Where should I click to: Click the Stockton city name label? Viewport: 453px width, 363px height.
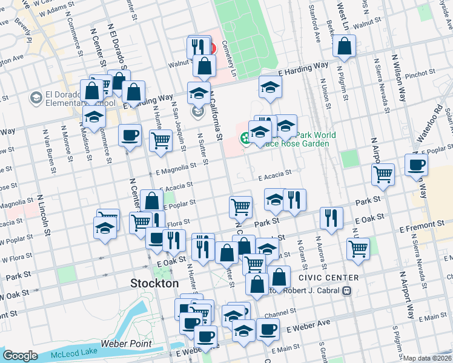(x=155, y=283)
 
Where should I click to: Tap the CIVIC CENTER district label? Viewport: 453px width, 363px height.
(x=328, y=278)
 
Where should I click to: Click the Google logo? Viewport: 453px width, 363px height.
(x=20, y=356)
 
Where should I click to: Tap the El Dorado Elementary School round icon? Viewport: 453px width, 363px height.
(x=36, y=97)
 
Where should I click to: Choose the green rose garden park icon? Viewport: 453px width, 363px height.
(x=246, y=139)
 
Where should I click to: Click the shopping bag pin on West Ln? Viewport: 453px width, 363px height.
(x=344, y=47)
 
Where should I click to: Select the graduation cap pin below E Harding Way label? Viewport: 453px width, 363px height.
(x=270, y=87)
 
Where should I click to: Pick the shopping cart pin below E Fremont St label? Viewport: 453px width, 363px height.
(x=359, y=247)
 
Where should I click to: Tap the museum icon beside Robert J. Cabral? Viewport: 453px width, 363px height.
(x=346, y=290)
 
